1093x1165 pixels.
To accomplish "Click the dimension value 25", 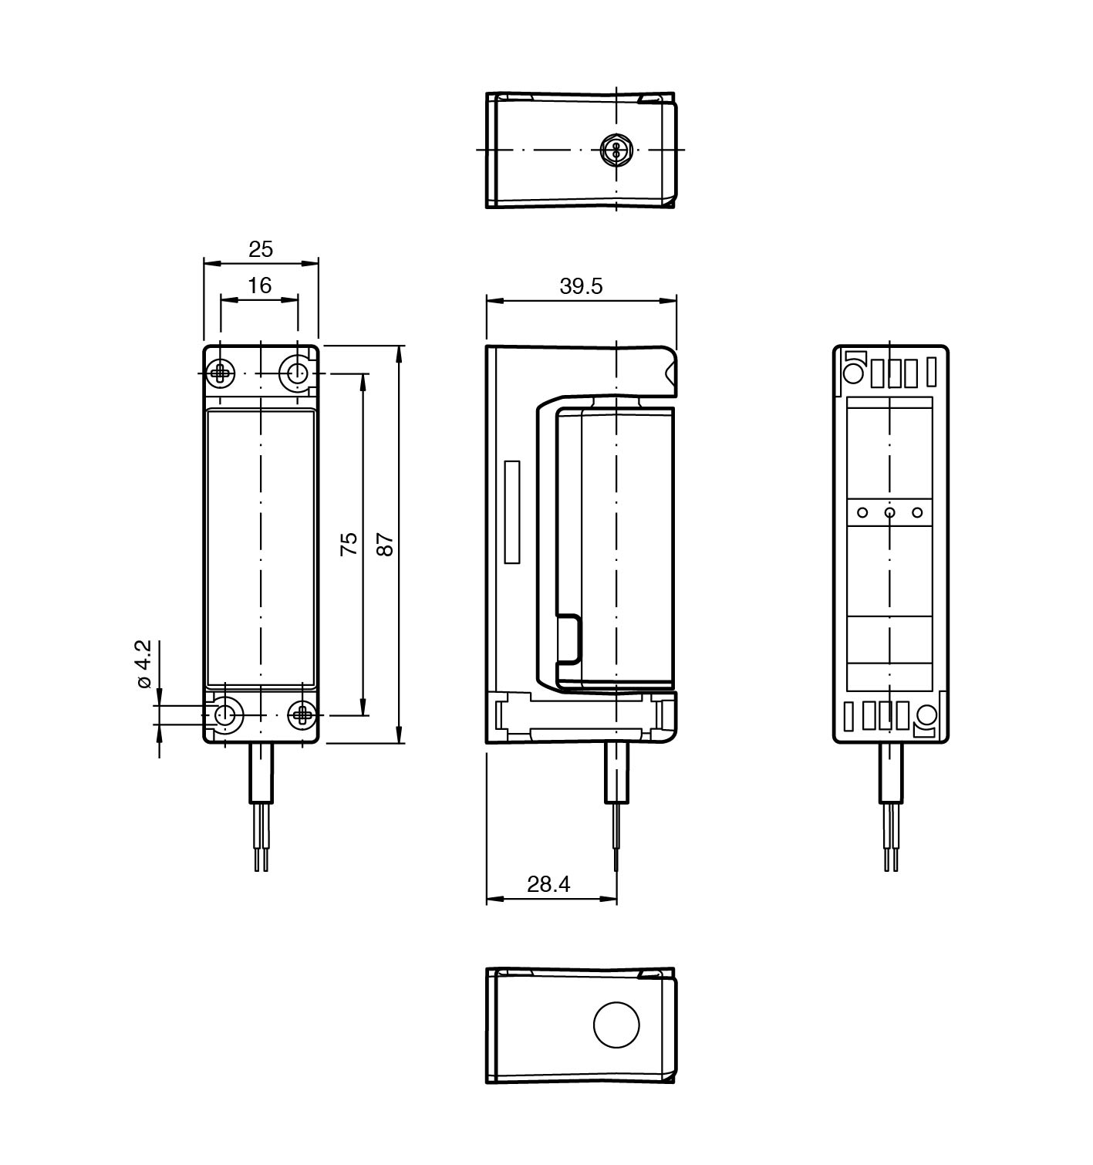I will pyautogui.click(x=261, y=249).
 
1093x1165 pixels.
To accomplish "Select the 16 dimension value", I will pyautogui.click(x=260, y=285).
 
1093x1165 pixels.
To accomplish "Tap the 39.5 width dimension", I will pyautogui.click(x=581, y=286).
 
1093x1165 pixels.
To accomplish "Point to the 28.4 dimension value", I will pyautogui.click(x=548, y=884).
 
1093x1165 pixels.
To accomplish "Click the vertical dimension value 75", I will pyautogui.click(x=349, y=544).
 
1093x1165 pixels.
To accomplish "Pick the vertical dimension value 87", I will pyautogui.click(x=386, y=544).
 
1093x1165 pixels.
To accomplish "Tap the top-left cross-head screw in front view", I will pyautogui.click(x=222, y=373).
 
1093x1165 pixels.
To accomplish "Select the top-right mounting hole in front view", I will pyautogui.click(x=296, y=373).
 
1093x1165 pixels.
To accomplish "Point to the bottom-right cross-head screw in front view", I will pyautogui.click(x=302, y=715).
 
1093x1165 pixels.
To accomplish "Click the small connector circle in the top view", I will pyautogui.click(x=616, y=149).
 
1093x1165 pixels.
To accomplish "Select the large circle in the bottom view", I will pyautogui.click(x=616, y=1025).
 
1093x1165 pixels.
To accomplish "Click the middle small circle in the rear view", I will pyautogui.click(x=890, y=512).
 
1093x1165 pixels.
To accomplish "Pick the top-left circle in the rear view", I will pyautogui.click(x=853, y=373).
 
